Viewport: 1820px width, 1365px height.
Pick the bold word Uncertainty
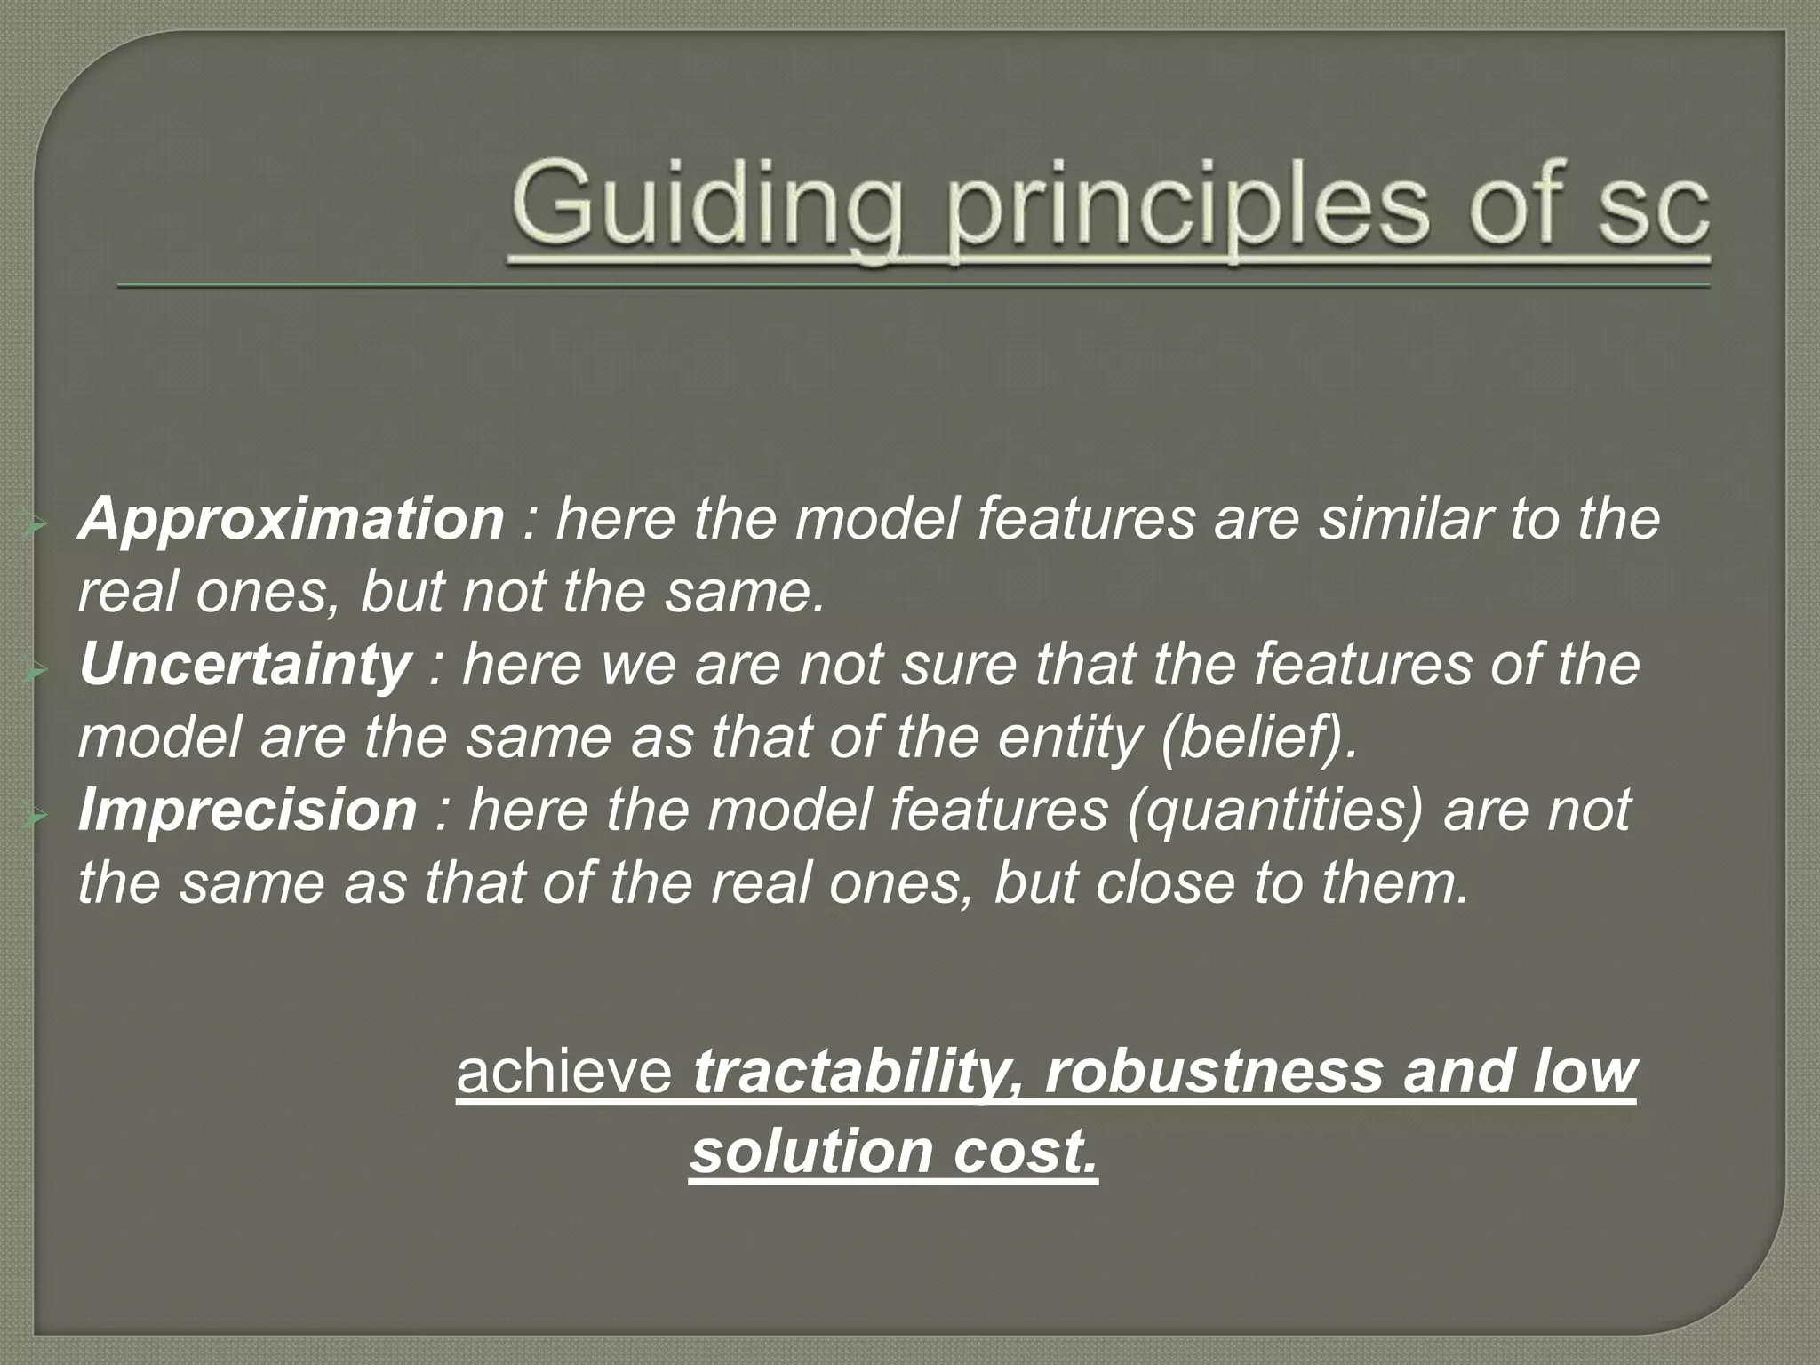coord(243,665)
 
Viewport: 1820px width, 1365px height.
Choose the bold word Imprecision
coord(247,810)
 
